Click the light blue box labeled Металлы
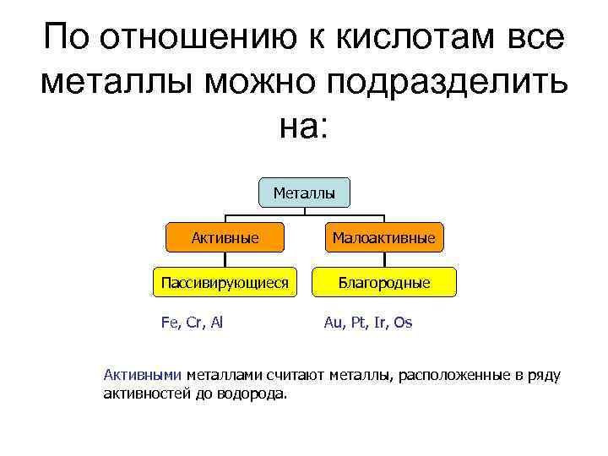304,193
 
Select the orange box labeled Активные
225,238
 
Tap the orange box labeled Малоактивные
384,238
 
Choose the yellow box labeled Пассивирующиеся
225,282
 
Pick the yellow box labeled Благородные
384,282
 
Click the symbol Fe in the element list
170,323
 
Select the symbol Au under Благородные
333,323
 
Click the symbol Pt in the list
356,323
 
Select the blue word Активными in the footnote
142,375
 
